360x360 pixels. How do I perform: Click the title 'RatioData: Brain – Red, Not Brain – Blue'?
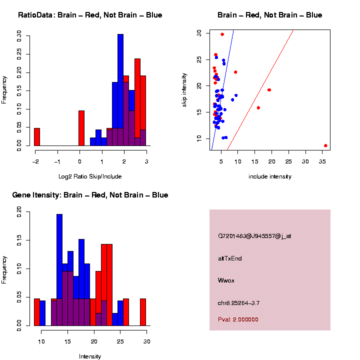point(90,15)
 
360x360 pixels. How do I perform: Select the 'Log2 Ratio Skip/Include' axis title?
point(90,176)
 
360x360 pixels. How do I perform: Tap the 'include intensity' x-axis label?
point(270,176)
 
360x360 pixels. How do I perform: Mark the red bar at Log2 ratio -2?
point(37,137)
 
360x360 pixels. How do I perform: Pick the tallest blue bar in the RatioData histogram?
point(120,90)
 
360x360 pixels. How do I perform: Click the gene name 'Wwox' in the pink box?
point(226,280)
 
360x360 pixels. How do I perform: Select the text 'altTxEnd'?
point(230,258)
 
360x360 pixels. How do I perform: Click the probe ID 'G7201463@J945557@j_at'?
point(254,236)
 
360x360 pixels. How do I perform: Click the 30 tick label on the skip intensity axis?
point(199,33)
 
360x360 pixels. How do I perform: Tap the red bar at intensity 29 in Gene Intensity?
point(143,312)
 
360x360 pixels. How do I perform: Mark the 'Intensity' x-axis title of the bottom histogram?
point(90,356)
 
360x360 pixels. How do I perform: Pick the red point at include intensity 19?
point(269,90)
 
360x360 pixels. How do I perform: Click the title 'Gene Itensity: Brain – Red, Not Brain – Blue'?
point(90,195)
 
